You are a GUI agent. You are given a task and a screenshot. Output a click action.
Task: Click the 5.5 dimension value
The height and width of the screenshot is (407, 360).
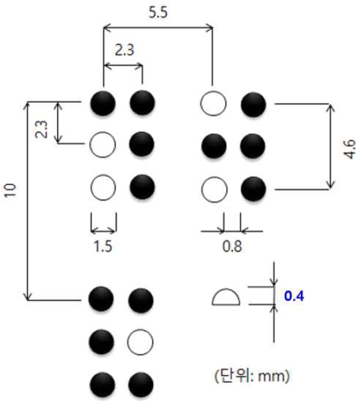[158, 12]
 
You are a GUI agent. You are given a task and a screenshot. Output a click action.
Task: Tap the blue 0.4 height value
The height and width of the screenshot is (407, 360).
[294, 296]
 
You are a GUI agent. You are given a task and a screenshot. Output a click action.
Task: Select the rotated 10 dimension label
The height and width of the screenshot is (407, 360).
[10, 190]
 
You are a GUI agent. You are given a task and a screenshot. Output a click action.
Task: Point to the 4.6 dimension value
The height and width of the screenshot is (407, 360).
[349, 149]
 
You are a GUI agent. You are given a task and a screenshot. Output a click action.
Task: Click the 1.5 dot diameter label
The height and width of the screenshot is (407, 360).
[103, 246]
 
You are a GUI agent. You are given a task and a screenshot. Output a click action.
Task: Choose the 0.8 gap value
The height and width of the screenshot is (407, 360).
[232, 246]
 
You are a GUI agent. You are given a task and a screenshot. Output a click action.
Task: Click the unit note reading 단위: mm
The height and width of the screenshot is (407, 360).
[252, 376]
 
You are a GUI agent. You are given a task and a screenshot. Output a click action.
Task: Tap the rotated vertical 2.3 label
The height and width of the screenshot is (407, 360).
[42, 129]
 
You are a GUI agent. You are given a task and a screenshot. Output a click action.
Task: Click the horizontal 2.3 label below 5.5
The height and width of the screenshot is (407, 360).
[125, 50]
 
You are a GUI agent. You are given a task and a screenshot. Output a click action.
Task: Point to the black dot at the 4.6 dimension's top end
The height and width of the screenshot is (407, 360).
[253, 104]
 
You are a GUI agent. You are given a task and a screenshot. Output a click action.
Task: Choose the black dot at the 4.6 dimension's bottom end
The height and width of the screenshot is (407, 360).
[253, 189]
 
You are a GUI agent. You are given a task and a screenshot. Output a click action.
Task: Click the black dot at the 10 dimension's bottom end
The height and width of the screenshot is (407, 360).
[101, 299]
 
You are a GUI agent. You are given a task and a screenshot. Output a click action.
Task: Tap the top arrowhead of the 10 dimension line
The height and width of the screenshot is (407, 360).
[27, 106]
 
